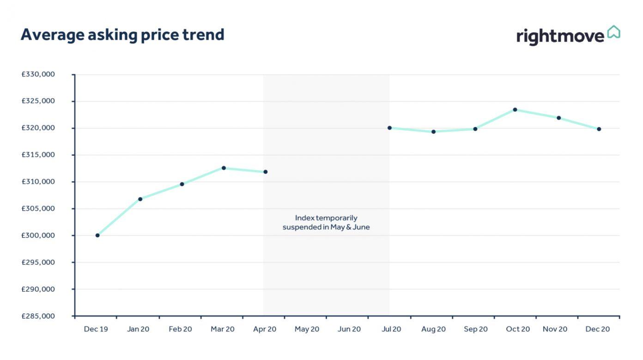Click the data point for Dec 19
click(x=97, y=235)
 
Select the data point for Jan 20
click(x=140, y=199)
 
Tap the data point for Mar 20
click(x=224, y=168)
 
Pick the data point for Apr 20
click(x=265, y=172)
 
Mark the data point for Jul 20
click(x=389, y=128)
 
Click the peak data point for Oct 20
click(x=515, y=110)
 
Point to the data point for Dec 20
click(x=599, y=129)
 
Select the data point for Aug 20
click(x=433, y=132)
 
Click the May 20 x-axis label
click(x=307, y=329)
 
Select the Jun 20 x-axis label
click(x=349, y=329)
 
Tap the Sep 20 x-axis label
click(x=476, y=329)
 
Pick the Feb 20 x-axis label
click(x=180, y=329)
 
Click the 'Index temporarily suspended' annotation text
click(x=326, y=222)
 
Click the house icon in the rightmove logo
click(x=613, y=32)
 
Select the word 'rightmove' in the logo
click(x=560, y=36)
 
